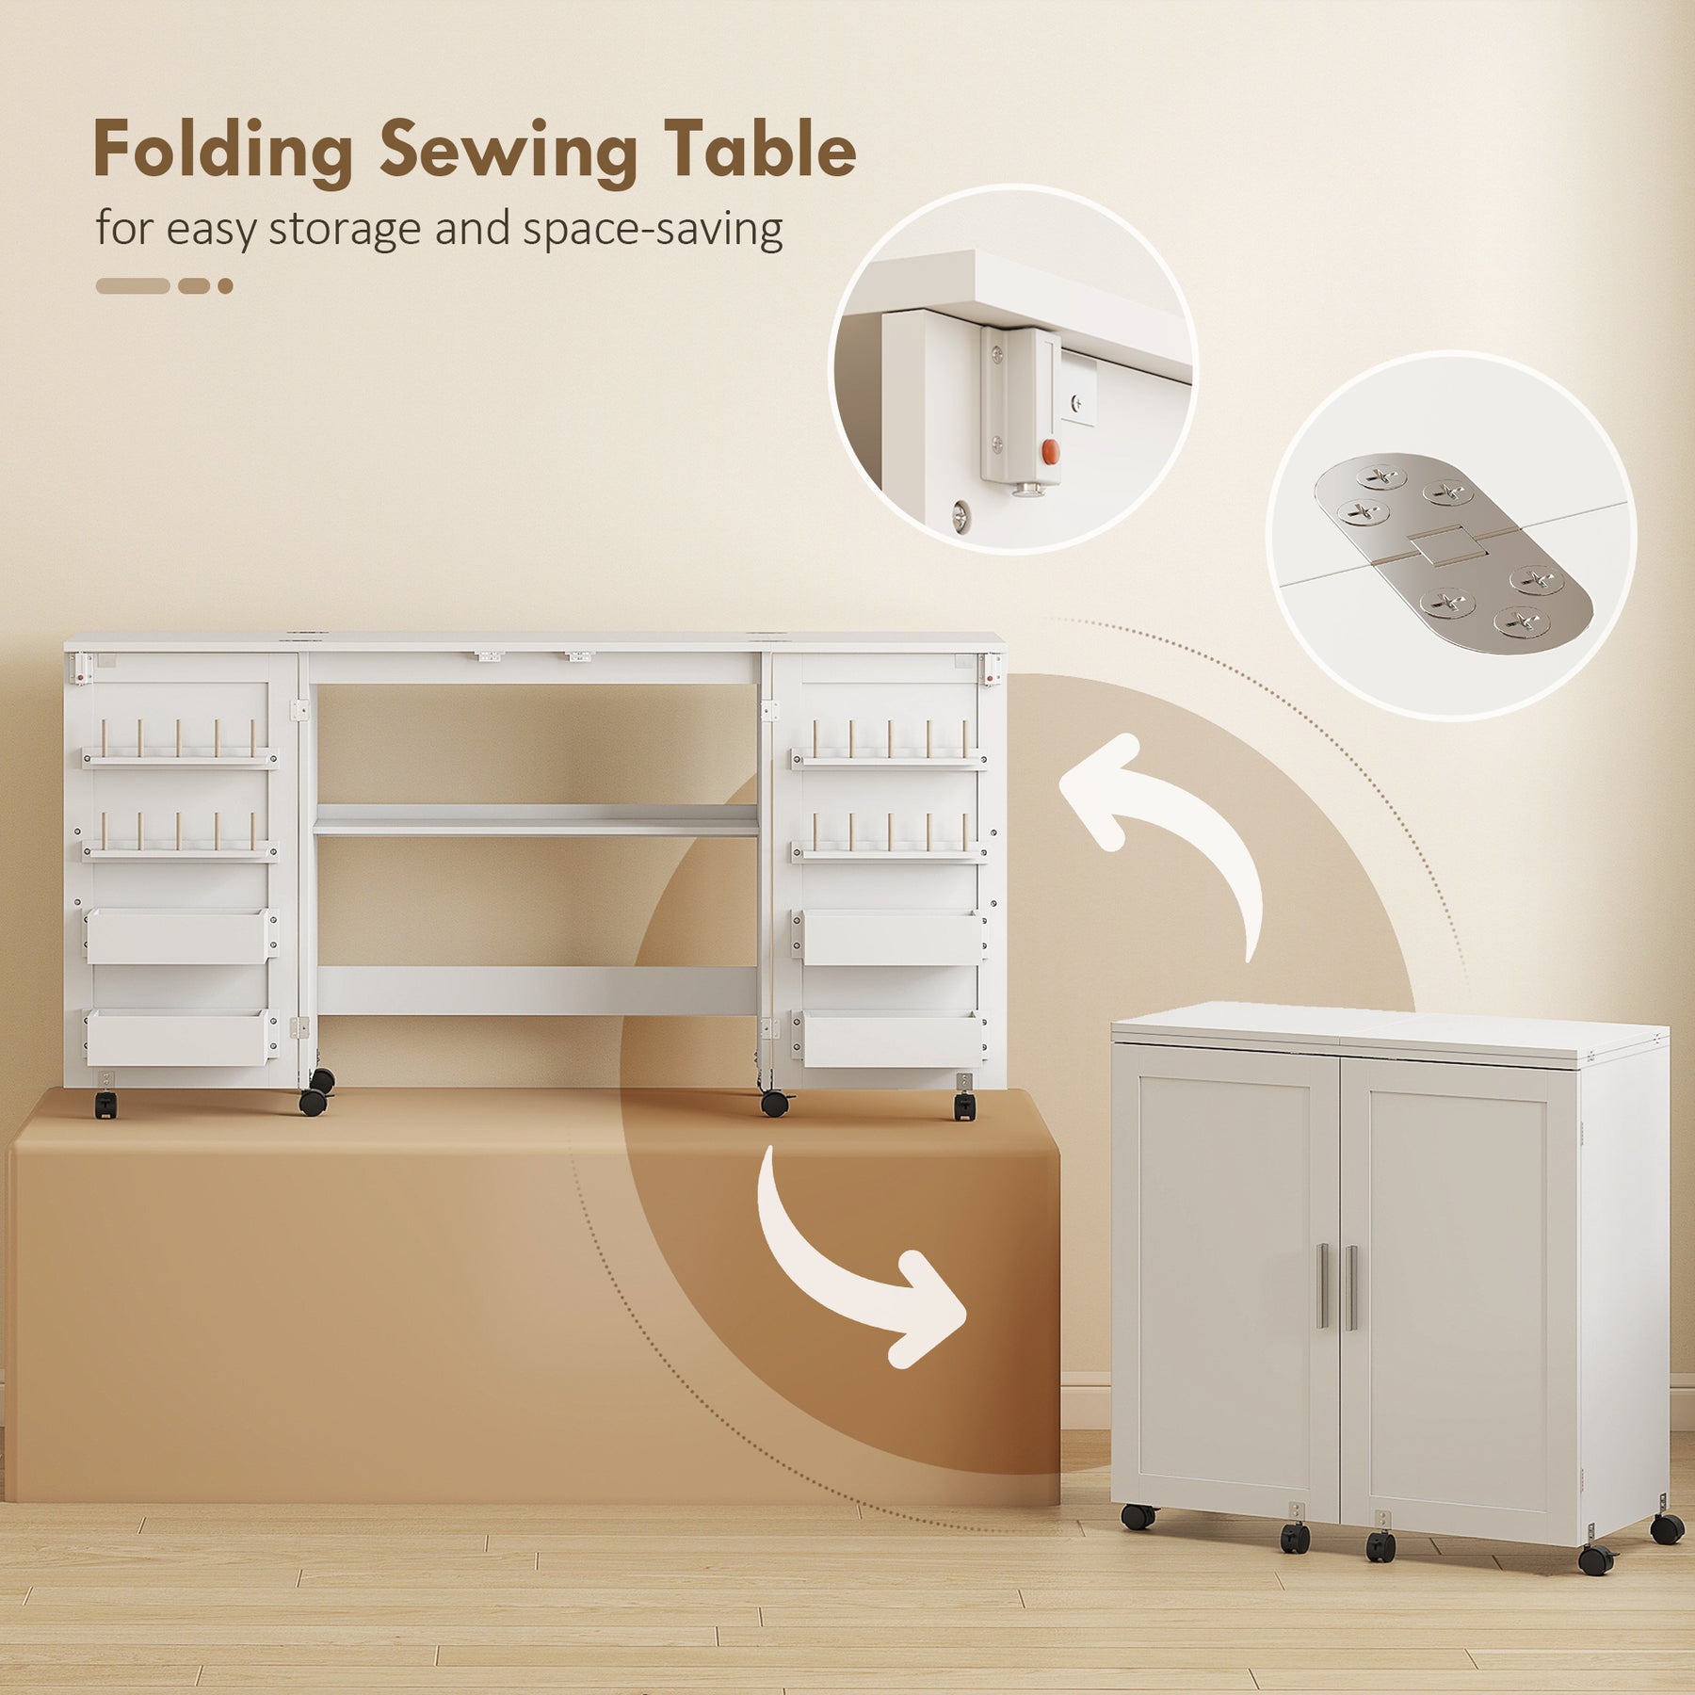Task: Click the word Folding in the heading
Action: click(x=223, y=152)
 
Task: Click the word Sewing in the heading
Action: click(x=508, y=151)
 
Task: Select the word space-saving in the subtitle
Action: click(x=653, y=229)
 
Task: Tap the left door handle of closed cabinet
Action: click(x=1322, y=1287)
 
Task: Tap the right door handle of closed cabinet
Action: click(x=1352, y=1287)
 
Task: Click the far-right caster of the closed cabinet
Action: click(x=1667, y=1529)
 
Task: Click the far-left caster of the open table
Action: click(x=106, y=1104)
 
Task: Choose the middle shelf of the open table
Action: click(x=536, y=820)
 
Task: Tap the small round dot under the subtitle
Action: click(x=225, y=286)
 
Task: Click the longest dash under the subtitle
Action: click(x=133, y=286)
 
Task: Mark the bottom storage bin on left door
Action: click(x=180, y=1039)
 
